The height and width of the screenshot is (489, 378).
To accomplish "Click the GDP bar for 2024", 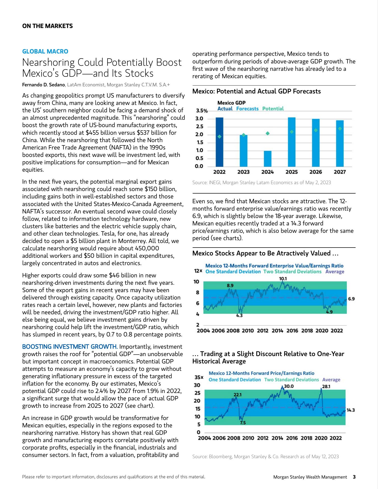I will [267, 159].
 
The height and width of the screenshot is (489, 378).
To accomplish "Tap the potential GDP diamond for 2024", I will [268, 133].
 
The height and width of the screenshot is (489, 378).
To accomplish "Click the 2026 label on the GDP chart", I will [316, 172].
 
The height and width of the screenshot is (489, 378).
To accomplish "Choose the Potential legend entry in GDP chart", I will [273, 109].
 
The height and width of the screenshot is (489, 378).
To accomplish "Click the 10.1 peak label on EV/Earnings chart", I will [283, 279].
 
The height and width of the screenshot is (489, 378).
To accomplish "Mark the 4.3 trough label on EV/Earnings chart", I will [239, 316].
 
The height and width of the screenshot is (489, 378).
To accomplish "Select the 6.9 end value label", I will [351, 299].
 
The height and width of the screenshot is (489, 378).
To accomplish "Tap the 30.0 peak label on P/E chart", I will [289, 386].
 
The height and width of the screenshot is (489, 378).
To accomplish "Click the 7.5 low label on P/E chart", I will [243, 423].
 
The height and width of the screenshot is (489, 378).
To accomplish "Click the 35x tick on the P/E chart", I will [199, 377].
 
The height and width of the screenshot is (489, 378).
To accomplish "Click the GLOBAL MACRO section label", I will [45, 51].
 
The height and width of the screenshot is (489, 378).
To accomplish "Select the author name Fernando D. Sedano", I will [44, 85].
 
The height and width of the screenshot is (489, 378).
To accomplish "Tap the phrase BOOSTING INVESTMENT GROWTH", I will [70, 347].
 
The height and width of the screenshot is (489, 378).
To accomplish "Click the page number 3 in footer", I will [354, 477].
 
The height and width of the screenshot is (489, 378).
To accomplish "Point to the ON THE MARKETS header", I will [47, 26].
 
